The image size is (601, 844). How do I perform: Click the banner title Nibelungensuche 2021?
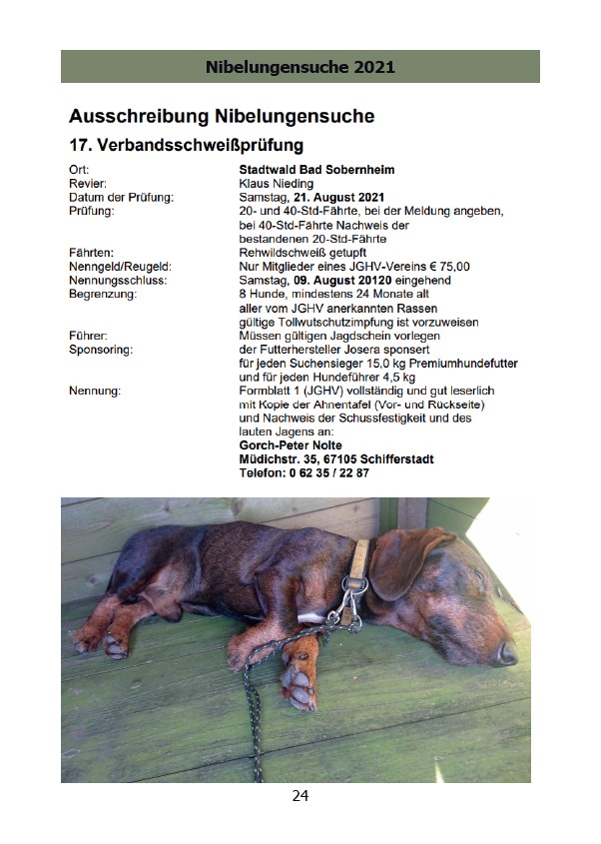coord(300,67)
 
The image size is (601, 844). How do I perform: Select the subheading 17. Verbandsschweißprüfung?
coord(186,146)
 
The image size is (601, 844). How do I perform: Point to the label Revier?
coord(88,184)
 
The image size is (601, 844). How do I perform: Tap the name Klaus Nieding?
coord(277,184)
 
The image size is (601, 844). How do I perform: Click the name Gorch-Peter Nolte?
coord(290,445)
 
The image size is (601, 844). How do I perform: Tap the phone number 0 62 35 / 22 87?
coord(328,473)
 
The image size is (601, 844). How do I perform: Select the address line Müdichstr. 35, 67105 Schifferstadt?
coord(336,459)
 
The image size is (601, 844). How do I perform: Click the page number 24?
coord(300,796)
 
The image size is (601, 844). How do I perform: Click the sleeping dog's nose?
coord(507,652)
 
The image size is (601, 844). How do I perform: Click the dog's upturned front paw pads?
coord(297,688)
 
